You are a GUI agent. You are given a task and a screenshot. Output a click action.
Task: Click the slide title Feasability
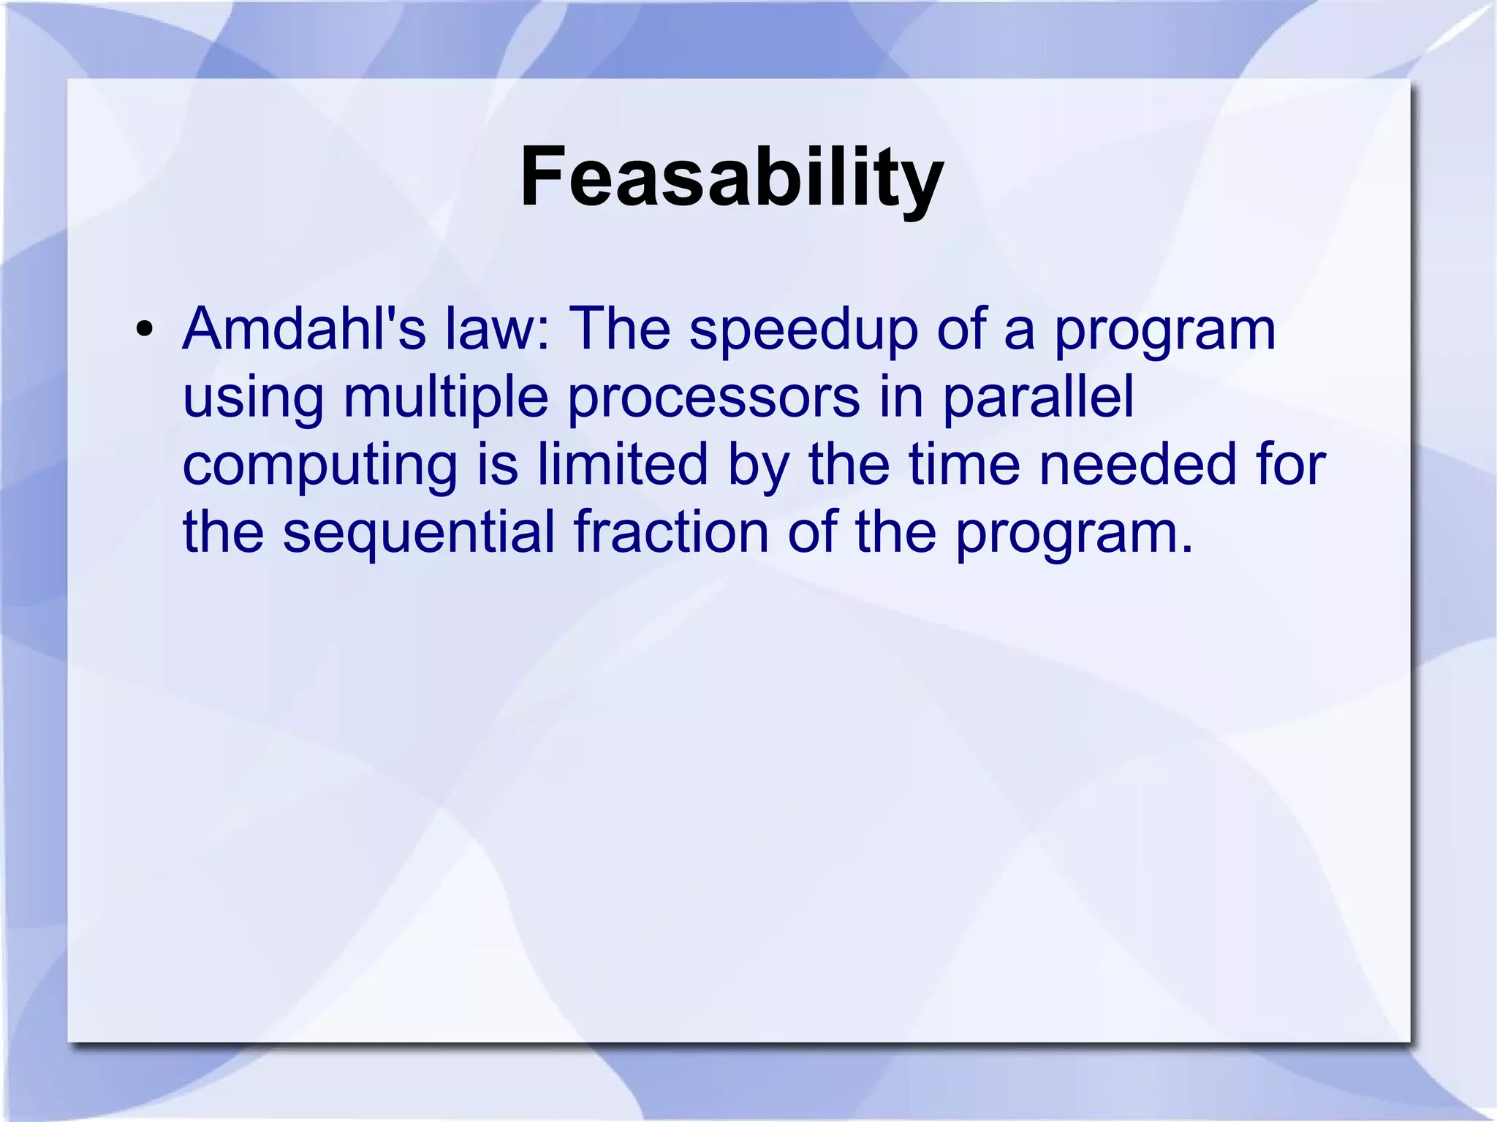732,178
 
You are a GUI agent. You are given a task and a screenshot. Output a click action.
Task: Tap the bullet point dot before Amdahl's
145,330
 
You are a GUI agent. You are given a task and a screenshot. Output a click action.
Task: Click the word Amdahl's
303,328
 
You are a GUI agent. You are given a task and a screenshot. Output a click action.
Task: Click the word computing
319,466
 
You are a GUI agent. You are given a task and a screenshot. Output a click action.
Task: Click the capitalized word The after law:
619,328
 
